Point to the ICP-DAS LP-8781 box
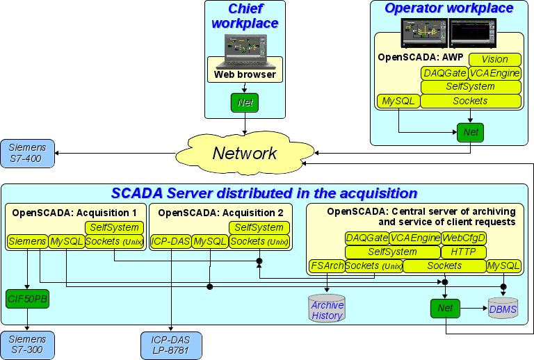(170, 344)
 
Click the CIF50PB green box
(27, 299)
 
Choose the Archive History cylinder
(327, 310)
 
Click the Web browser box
(245, 74)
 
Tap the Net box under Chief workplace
(245, 103)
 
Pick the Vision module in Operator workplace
(495, 60)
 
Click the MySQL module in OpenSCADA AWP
(398, 101)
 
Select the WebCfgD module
(464, 238)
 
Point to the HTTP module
(464, 252)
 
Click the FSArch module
(326, 265)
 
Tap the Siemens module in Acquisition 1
(27, 241)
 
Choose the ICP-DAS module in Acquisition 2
(170, 241)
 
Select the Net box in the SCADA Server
(446, 306)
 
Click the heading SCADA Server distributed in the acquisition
(264, 193)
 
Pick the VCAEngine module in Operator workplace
(495, 73)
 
